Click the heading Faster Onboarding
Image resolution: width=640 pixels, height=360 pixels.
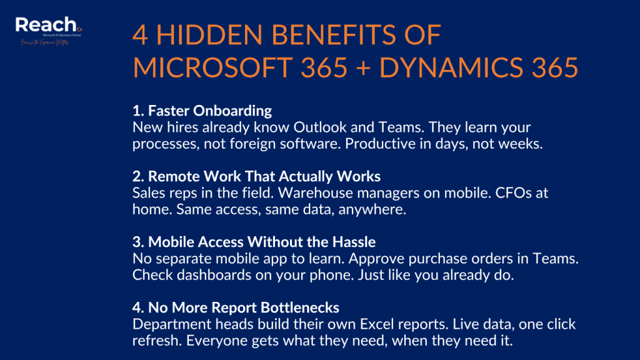pyautogui.click(x=202, y=111)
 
